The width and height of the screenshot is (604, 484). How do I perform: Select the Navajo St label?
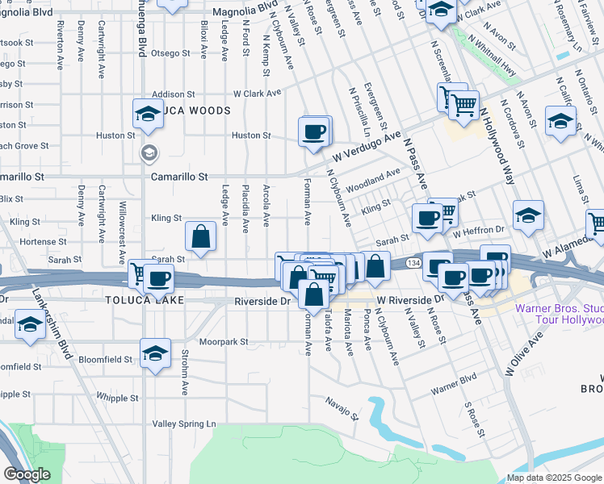[x=342, y=408]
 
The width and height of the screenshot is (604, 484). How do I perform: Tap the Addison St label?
[x=174, y=94]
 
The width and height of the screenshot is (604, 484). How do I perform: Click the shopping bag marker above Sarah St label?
[x=200, y=237]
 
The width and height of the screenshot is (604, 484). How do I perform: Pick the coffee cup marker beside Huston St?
[x=314, y=131]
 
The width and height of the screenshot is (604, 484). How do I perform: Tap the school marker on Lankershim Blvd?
[x=30, y=326]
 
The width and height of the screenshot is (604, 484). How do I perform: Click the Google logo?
[x=27, y=474]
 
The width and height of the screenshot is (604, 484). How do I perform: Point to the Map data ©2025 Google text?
[x=553, y=478]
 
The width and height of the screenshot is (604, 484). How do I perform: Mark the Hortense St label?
[x=38, y=241]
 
